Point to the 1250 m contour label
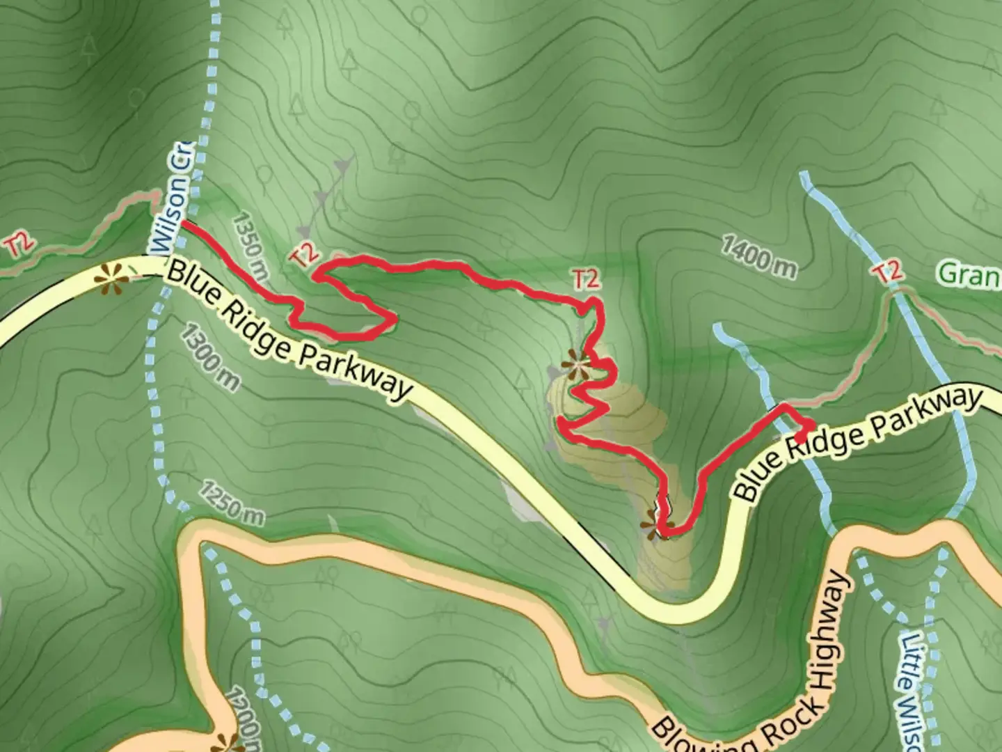(232, 503)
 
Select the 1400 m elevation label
(758, 257)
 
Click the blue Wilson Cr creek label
(169, 198)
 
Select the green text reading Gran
(969, 274)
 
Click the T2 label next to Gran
(889, 272)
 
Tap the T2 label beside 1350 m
(303, 256)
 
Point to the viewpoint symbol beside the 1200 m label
(224, 743)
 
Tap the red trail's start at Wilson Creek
(185, 224)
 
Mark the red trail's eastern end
(811, 425)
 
